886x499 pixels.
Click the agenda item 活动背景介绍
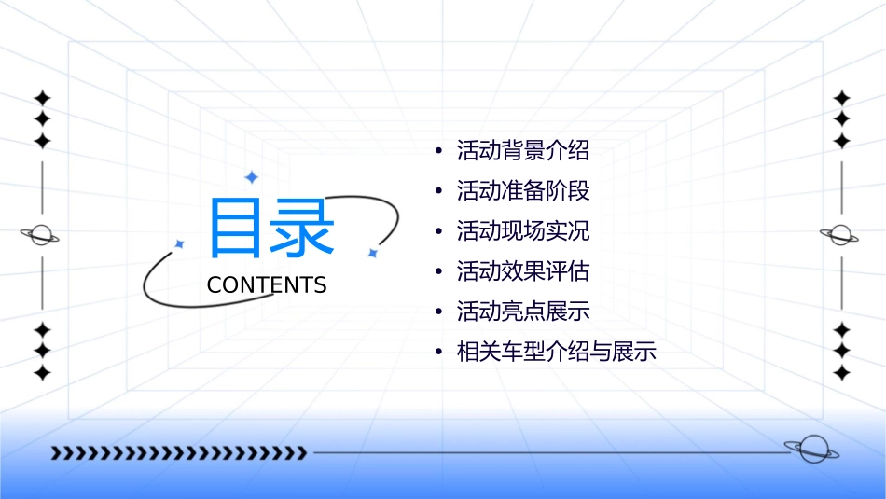pyautogui.click(x=522, y=150)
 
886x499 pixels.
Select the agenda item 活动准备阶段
pyautogui.click(x=522, y=191)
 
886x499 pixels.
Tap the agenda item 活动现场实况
pyautogui.click(x=522, y=231)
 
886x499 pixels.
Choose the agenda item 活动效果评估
pyautogui.click(x=522, y=271)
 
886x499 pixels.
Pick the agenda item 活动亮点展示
pyautogui.click(x=522, y=312)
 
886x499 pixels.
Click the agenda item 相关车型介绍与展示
pyautogui.click(x=556, y=353)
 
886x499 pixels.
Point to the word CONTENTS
pyautogui.click(x=267, y=285)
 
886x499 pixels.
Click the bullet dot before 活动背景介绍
pyautogui.click(x=438, y=151)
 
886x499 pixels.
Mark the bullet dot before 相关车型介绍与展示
pyautogui.click(x=438, y=353)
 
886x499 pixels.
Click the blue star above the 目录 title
pyautogui.click(x=251, y=176)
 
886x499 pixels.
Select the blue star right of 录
pyautogui.click(x=372, y=253)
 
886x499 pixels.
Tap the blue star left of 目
pyautogui.click(x=180, y=244)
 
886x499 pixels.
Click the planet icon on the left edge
pyautogui.click(x=41, y=235)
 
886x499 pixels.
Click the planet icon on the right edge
pyautogui.click(x=840, y=235)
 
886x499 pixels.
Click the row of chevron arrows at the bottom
pyautogui.click(x=178, y=453)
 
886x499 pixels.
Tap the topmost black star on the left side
pyautogui.click(x=41, y=98)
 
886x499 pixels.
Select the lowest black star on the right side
pyautogui.click(x=841, y=373)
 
